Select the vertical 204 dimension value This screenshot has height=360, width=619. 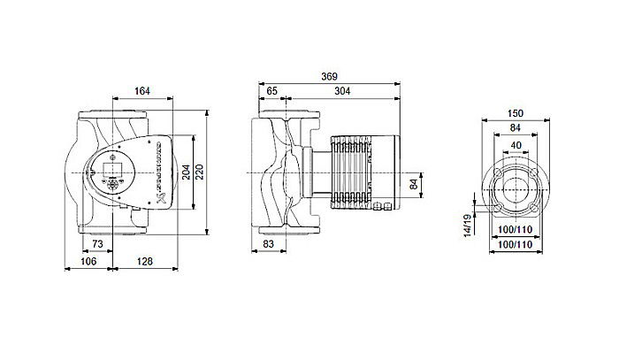pyautogui.click(x=186, y=172)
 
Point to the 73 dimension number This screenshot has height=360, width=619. pyautogui.click(x=98, y=242)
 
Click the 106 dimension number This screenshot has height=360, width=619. pyautogui.click(x=88, y=261)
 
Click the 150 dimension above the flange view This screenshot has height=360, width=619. pyautogui.click(x=516, y=113)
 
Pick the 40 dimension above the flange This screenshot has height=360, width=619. pyautogui.click(x=516, y=145)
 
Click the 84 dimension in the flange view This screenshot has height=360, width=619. pyautogui.click(x=516, y=129)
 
